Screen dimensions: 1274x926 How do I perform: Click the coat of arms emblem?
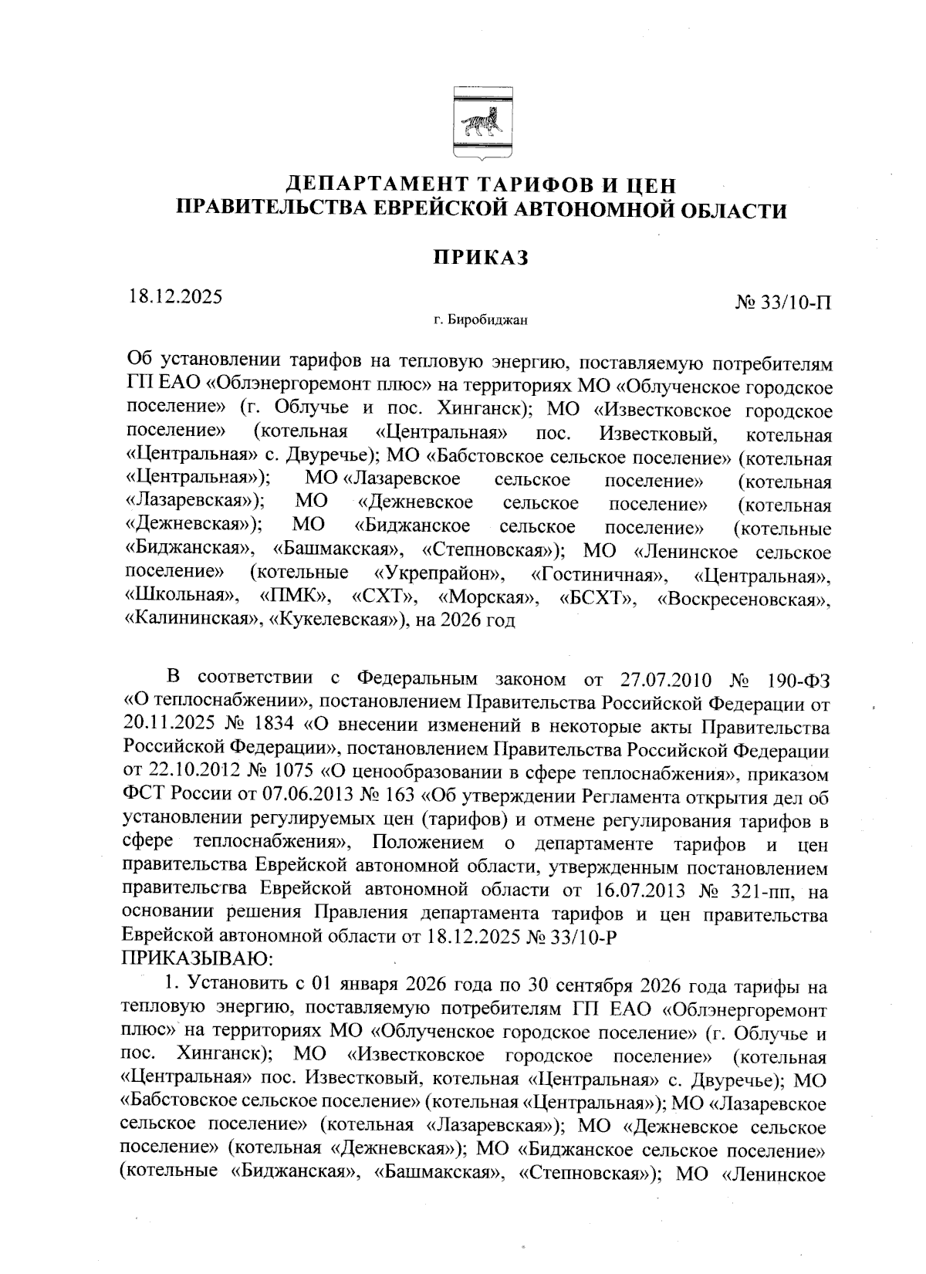[478, 124]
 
